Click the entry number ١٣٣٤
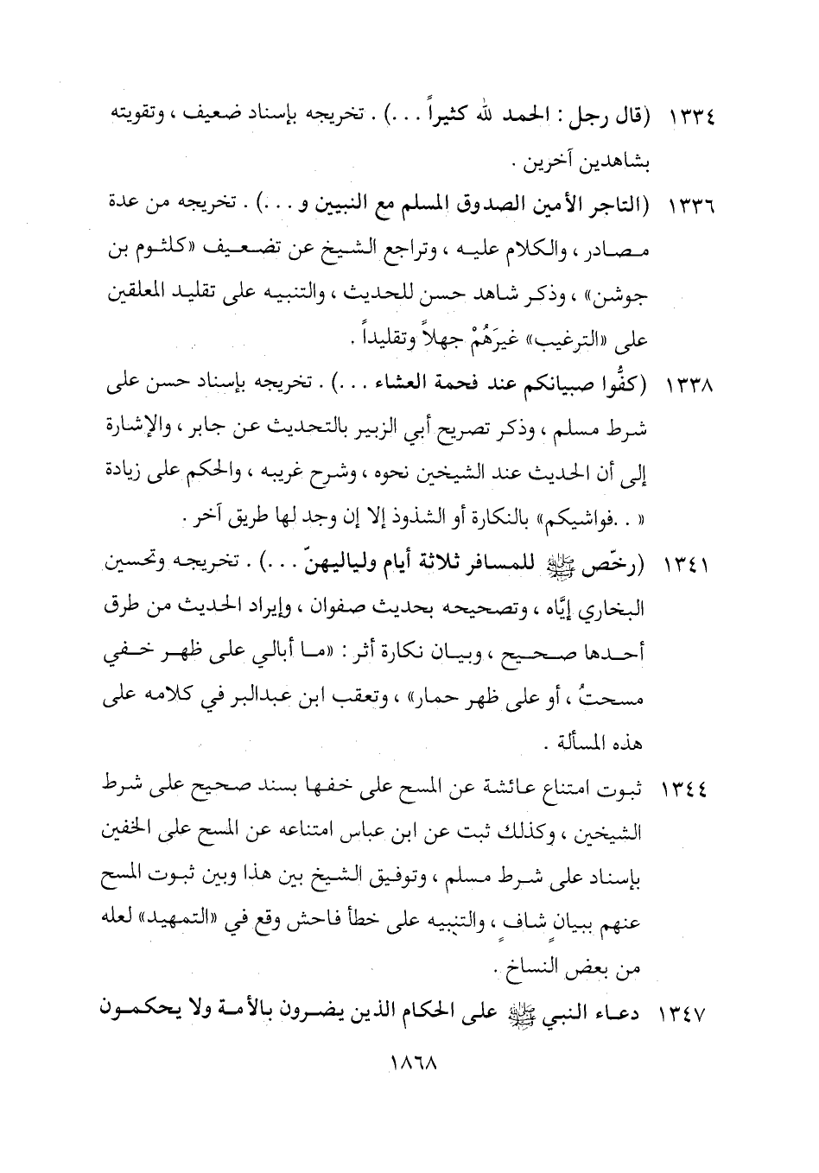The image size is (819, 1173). tap(687, 117)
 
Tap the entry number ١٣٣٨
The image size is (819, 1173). tap(687, 391)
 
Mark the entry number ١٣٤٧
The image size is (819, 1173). tap(687, 1011)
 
